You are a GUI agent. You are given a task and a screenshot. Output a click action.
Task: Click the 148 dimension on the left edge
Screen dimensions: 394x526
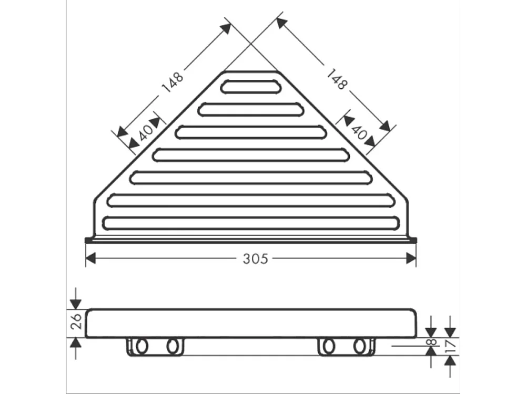[173, 81]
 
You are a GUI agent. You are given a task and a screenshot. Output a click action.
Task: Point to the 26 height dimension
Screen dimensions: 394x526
[75, 321]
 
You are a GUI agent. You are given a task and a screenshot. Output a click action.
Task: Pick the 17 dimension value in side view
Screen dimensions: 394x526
[451, 345]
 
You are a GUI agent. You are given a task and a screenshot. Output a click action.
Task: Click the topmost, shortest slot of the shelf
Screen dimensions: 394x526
[250, 87]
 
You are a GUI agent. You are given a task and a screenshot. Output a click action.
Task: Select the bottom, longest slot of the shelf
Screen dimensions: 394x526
[250, 223]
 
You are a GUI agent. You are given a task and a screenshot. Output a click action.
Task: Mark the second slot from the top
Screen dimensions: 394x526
[250, 109]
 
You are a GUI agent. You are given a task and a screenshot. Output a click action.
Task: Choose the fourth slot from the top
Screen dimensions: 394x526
[250, 155]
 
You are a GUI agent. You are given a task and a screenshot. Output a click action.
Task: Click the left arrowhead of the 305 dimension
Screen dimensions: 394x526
[90, 258]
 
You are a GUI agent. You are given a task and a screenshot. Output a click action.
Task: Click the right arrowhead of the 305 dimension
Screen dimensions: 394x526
[411, 258]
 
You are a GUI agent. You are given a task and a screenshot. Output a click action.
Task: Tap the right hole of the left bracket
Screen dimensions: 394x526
[172, 346]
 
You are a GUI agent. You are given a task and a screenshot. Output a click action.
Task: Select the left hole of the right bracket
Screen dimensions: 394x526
[328, 346]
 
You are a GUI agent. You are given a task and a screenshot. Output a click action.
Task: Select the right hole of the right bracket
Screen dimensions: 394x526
[359, 346]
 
